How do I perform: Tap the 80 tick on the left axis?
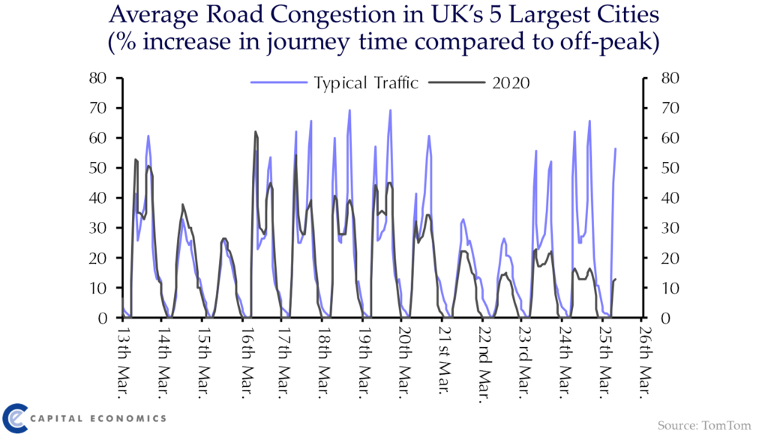[x=103, y=78]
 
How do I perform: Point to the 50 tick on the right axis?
[x=662, y=168]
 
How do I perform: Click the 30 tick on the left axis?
[x=103, y=228]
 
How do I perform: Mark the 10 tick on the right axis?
[x=662, y=288]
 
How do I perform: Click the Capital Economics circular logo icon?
[x=16, y=417]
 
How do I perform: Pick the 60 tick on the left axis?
[x=103, y=138]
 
